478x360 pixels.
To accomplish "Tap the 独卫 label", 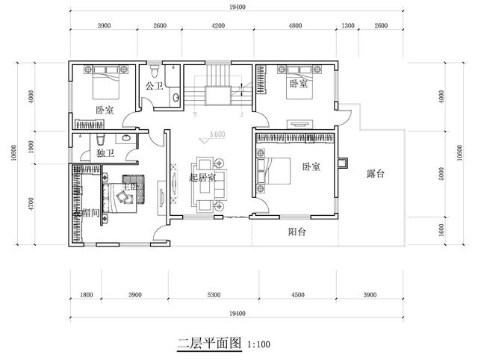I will pos(105,153).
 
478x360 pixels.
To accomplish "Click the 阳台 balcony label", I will pos(297,232).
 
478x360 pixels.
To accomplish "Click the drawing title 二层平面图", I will pos(209,345).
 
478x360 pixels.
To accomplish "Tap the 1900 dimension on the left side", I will pos(30,148).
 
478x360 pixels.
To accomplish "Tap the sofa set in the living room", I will pos(208,183).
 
